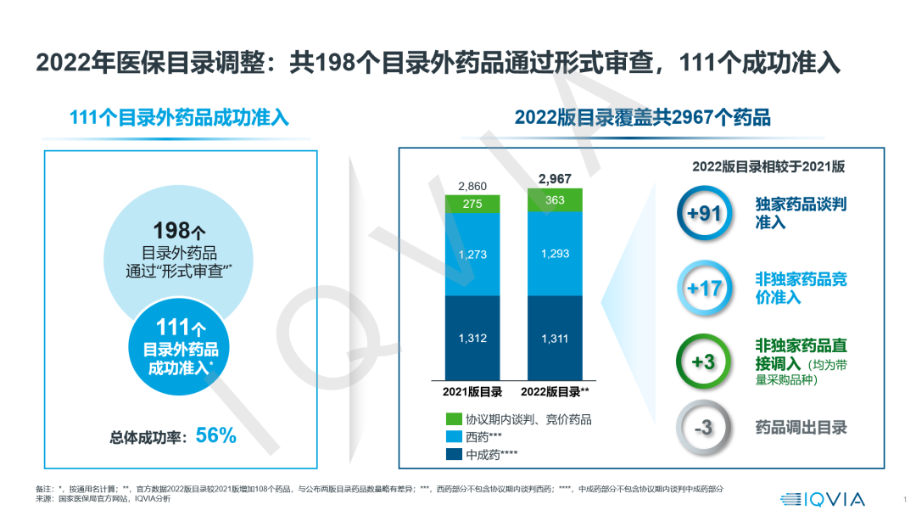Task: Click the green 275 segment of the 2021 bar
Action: click(472, 204)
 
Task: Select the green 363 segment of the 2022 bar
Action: click(555, 199)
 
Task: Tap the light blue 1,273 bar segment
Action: click(472, 254)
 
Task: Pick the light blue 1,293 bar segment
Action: click(555, 254)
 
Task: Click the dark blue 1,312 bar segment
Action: click(472, 338)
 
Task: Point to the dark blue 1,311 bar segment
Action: click(555, 338)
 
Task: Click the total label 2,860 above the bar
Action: click(472, 186)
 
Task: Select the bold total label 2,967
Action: click(555, 178)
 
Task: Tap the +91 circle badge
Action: click(704, 213)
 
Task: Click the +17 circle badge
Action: click(704, 289)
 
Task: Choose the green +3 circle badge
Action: click(704, 362)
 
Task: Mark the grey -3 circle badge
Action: click(704, 428)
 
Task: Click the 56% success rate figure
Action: click(215, 436)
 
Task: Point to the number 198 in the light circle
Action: click(173, 230)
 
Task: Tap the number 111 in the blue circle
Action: click(173, 327)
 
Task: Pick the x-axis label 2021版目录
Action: click(472, 392)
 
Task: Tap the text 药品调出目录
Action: click(801, 428)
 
